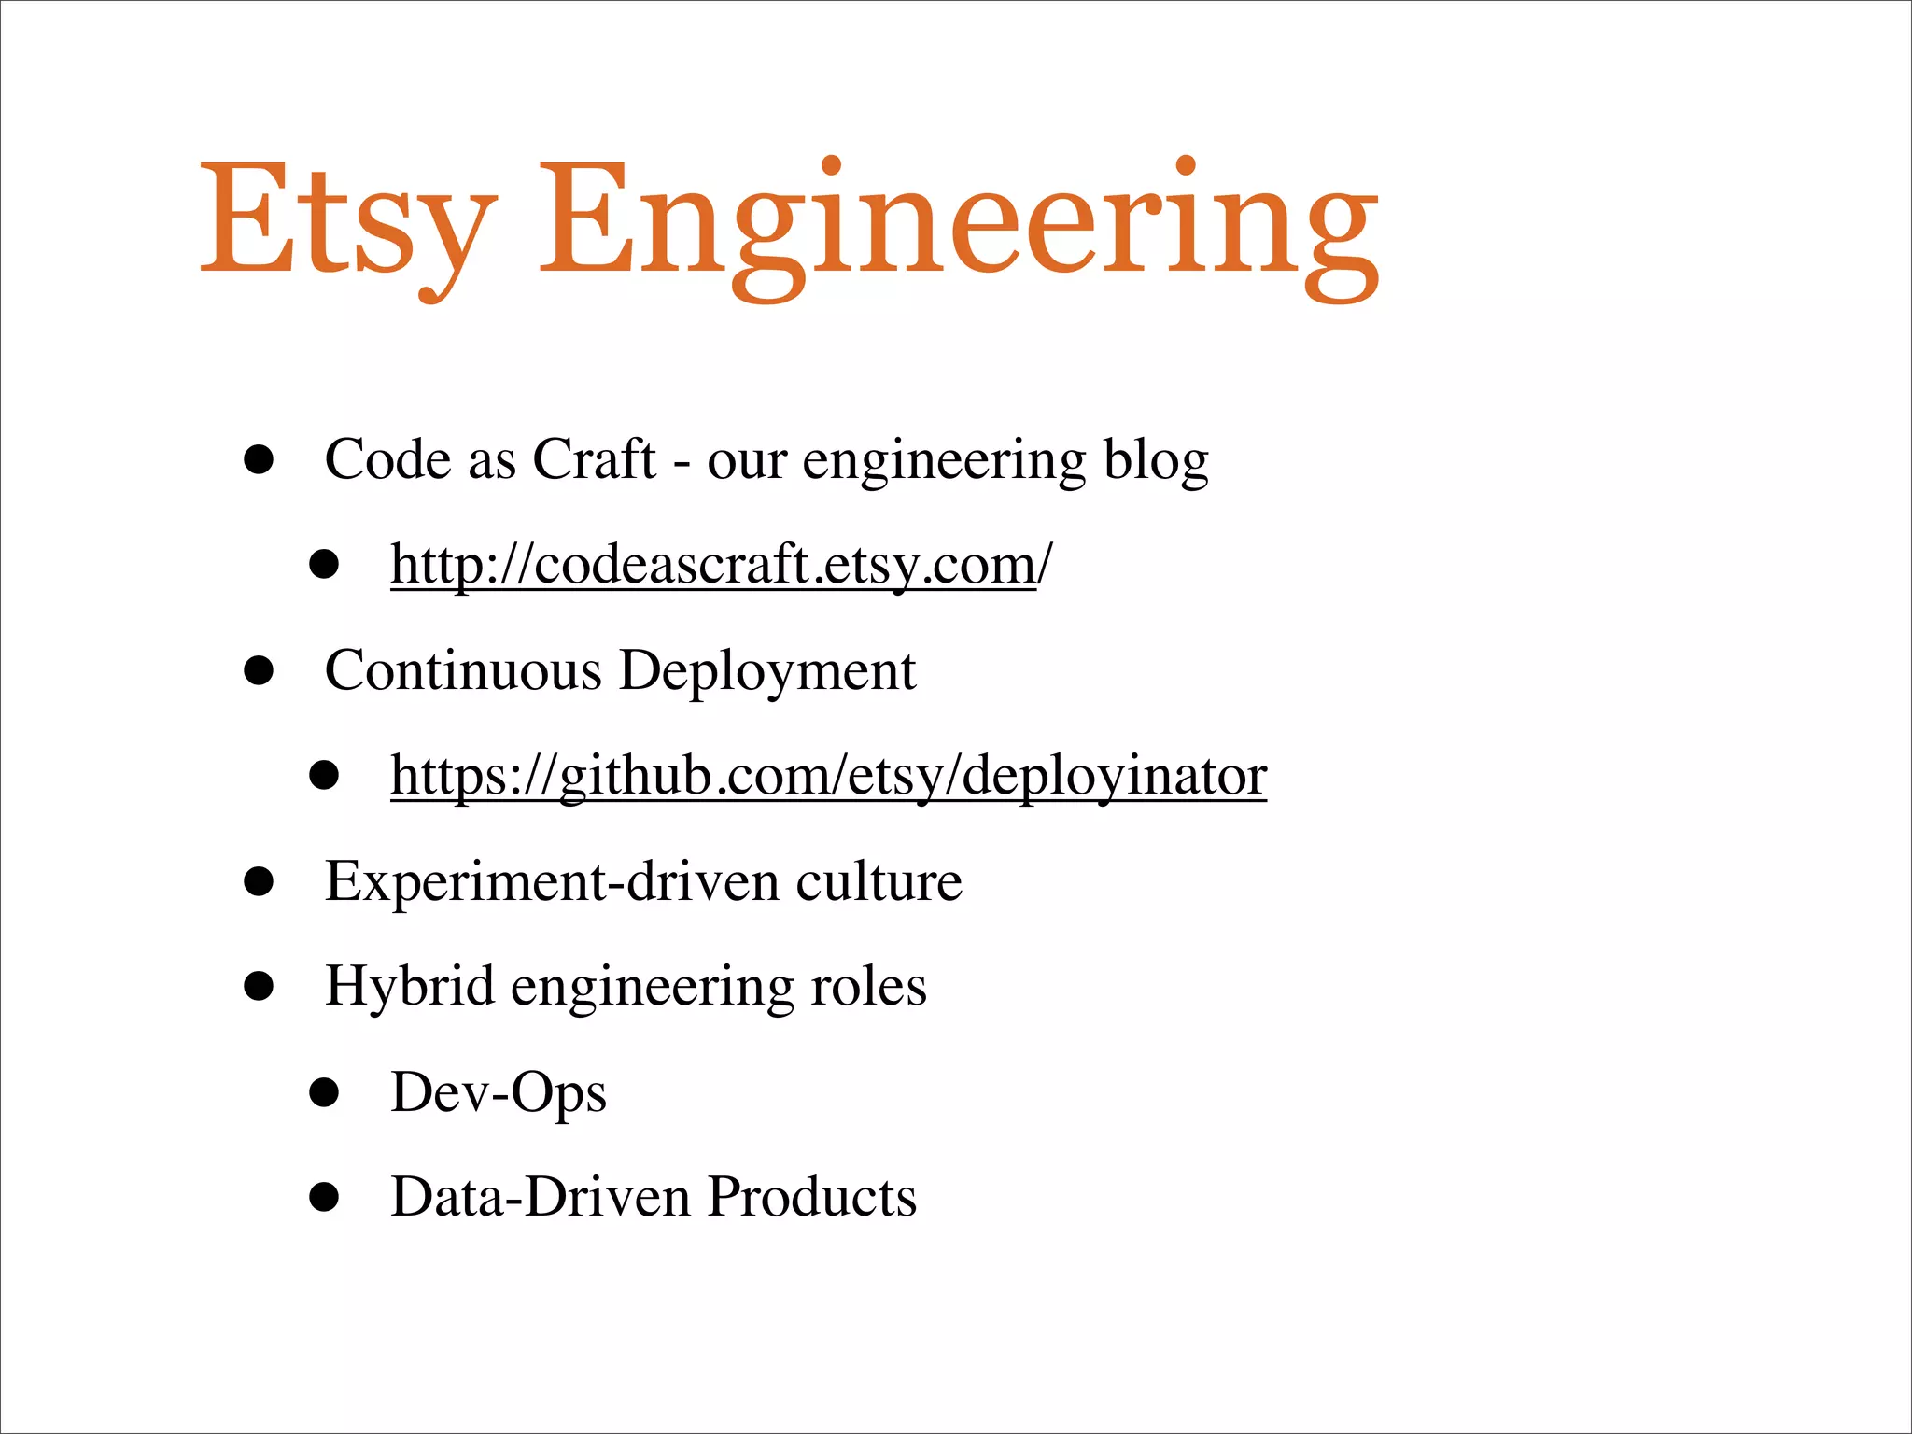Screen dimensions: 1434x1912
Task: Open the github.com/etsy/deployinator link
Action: click(x=828, y=776)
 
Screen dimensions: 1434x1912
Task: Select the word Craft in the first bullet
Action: click(x=594, y=459)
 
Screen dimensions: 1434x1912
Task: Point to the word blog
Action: click(x=1156, y=459)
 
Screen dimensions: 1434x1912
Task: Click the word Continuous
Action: click(x=463, y=670)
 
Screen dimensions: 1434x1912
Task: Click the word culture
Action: click(x=879, y=882)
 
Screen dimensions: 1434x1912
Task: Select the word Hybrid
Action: click(x=409, y=987)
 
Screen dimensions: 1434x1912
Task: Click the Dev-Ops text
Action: click(x=499, y=1093)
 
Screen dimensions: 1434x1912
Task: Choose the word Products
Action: click(x=812, y=1197)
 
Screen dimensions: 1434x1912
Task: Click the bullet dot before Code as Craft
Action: click(x=259, y=459)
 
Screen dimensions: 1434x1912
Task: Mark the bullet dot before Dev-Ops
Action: click(x=324, y=1092)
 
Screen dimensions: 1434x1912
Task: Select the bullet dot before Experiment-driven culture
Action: click(x=259, y=882)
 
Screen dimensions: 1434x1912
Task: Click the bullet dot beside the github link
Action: click(x=324, y=776)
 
